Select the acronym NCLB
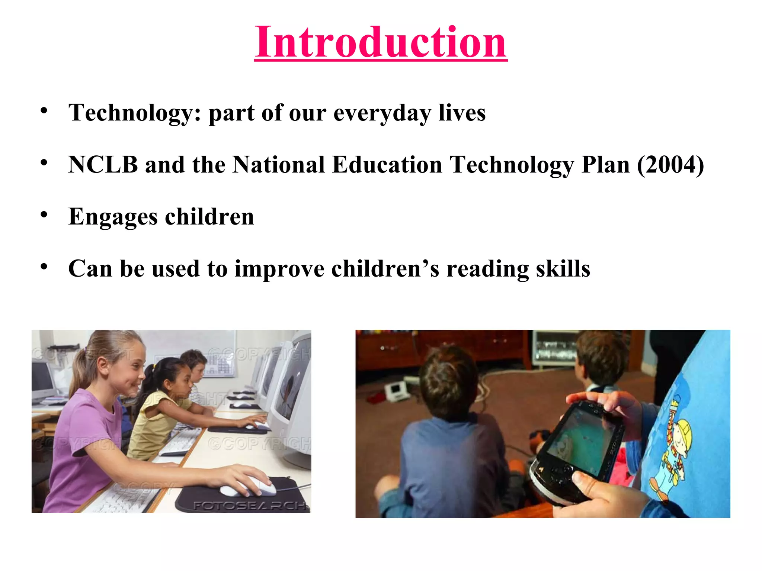point(103,164)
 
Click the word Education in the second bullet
point(387,164)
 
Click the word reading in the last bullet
point(487,268)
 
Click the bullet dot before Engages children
point(44,215)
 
